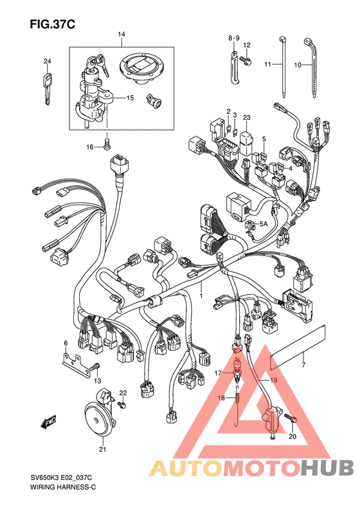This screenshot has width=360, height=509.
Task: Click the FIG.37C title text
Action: point(53,24)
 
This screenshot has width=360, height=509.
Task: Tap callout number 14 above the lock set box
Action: point(122,34)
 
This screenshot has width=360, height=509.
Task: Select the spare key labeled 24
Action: point(48,89)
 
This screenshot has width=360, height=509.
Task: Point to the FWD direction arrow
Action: point(49,422)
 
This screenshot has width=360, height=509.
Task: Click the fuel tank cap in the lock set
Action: point(138,69)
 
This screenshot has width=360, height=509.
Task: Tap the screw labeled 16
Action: point(107,143)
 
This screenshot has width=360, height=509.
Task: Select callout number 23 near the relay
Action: point(247,117)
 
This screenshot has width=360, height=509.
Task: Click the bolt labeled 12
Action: point(246,60)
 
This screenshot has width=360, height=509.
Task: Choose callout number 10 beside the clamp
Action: point(298,65)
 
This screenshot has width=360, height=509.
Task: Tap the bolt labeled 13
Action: point(94,367)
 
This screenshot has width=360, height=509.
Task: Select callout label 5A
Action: point(264,224)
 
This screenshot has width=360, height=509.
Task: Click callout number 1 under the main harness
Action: point(201,296)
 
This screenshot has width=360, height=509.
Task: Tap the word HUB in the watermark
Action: point(327,468)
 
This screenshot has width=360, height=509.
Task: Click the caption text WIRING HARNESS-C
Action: point(63,487)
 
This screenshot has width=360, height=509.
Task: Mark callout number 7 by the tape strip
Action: point(303,365)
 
